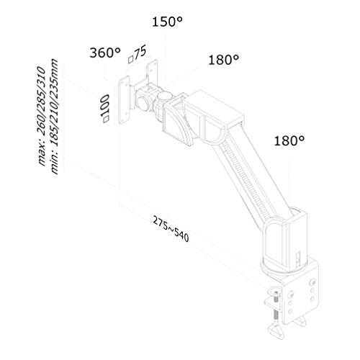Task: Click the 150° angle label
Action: point(167,22)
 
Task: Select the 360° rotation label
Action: point(105,53)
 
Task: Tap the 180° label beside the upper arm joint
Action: point(224,60)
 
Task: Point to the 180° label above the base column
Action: point(289,140)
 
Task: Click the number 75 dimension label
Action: point(140,53)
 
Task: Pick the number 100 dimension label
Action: point(104,105)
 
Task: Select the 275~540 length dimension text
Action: point(171,229)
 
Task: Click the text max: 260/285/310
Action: point(41,116)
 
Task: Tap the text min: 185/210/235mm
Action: point(54,117)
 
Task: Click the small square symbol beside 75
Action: point(130,59)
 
